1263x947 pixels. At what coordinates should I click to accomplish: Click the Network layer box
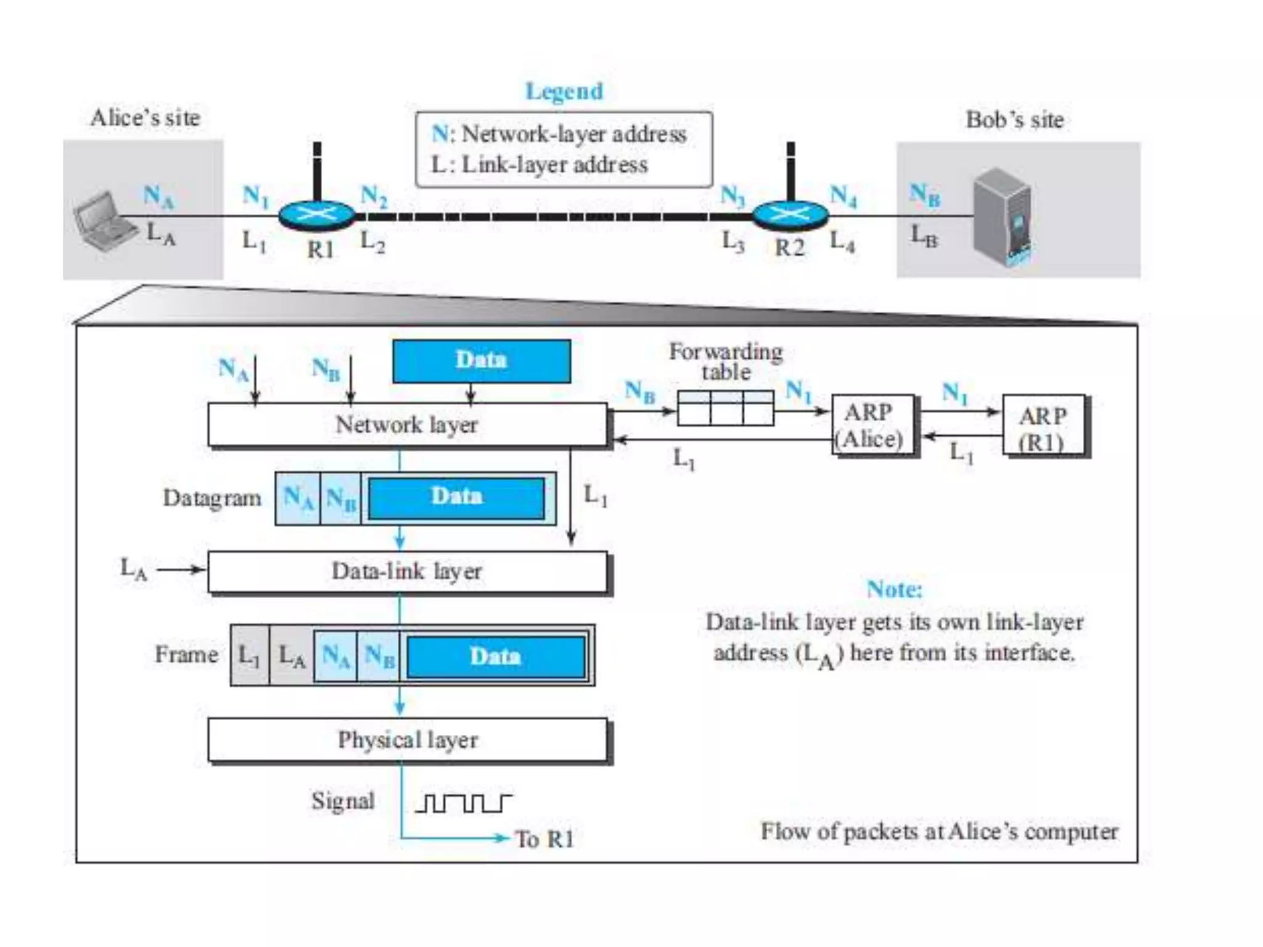(407, 425)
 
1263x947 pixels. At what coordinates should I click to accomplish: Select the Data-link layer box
(407, 572)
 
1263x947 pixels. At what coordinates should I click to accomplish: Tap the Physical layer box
(407, 739)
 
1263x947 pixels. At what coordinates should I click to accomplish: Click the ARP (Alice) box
(871, 425)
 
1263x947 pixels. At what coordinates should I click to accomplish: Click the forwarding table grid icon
(725, 408)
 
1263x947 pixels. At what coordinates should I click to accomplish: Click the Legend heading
(564, 91)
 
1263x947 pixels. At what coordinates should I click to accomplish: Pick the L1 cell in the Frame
(250, 655)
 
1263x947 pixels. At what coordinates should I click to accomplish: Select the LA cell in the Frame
(292, 655)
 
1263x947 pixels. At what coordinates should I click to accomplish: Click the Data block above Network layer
(481, 361)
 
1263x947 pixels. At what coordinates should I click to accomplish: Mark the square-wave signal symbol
(463, 803)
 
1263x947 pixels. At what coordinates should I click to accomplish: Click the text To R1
(544, 839)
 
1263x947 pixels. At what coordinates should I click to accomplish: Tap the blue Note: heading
(894, 589)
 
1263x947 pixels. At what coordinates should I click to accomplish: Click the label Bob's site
(1014, 120)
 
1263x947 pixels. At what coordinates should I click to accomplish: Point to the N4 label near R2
(842, 196)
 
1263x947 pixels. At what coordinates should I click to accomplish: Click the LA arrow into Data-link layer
(180, 569)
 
